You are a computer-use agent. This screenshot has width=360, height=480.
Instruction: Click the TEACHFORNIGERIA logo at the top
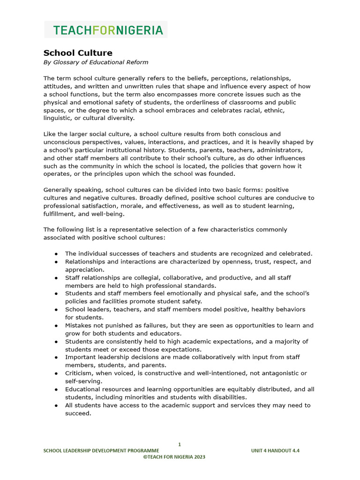[108, 30]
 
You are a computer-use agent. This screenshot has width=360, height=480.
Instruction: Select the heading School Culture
[78, 53]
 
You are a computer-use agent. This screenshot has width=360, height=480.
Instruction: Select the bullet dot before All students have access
[56, 405]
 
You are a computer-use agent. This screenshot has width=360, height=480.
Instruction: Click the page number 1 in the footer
[180, 444]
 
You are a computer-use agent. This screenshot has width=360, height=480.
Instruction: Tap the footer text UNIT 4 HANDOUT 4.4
[275, 450]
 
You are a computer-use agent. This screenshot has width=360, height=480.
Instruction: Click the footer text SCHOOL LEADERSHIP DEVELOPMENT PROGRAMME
[104, 450]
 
